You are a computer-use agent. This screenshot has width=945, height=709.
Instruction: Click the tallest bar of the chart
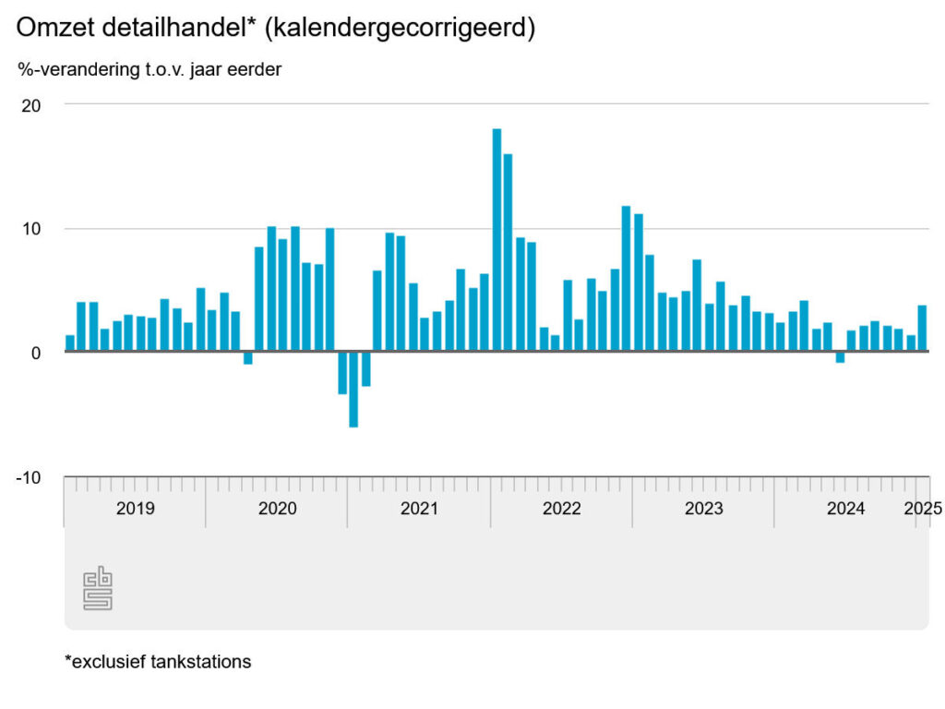pyautogui.click(x=496, y=240)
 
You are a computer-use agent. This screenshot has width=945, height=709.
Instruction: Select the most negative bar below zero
pyautogui.click(x=353, y=390)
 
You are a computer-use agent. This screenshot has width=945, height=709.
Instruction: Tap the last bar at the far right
pyautogui.click(x=922, y=329)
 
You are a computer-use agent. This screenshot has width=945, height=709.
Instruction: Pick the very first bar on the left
pyautogui.click(x=70, y=343)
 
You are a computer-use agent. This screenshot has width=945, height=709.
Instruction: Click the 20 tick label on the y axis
pyautogui.click(x=31, y=105)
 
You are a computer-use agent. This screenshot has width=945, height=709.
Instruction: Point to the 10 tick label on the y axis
pyautogui.click(x=31, y=229)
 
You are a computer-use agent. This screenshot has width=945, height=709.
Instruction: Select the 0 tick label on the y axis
pyautogui.click(x=36, y=353)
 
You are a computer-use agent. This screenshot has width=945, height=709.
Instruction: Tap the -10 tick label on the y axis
pyautogui.click(x=30, y=477)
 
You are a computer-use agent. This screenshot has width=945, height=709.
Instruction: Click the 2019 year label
pyautogui.click(x=136, y=509)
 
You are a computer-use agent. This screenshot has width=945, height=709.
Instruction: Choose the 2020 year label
pyautogui.click(x=277, y=509)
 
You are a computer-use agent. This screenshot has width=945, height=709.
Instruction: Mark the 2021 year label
pyautogui.click(x=419, y=509)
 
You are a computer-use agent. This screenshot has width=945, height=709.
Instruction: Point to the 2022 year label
pyautogui.click(x=561, y=509)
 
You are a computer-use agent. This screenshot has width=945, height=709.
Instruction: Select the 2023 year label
pyautogui.click(x=703, y=509)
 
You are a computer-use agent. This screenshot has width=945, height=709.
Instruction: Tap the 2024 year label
pyautogui.click(x=845, y=509)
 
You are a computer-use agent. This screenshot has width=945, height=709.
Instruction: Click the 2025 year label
pyautogui.click(x=922, y=509)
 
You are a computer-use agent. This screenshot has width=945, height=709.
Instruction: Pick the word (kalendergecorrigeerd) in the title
pyautogui.click(x=401, y=29)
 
